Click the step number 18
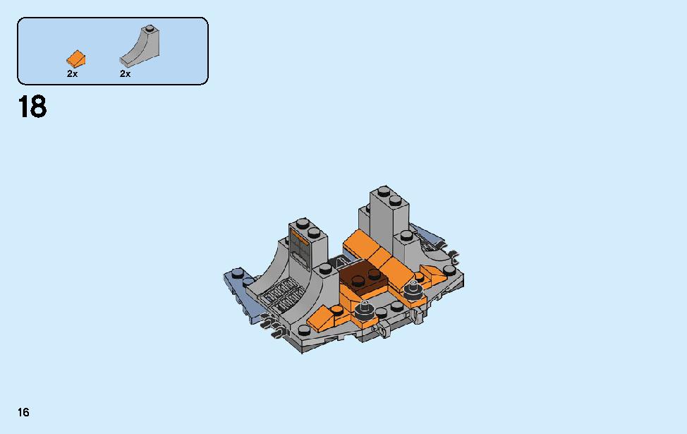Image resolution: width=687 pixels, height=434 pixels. click(x=32, y=107)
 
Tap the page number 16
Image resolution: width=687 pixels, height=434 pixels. click(x=23, y=412)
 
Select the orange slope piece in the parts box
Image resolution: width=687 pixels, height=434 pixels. click(x=75, y=59)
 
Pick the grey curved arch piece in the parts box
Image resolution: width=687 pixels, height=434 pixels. click(x=140, y=47)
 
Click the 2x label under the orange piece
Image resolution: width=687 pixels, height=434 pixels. click(x=72, y=74)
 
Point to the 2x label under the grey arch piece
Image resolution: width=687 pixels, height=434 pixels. click(x=126, y=74)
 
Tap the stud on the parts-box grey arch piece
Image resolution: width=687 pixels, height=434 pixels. click(x=150, y=29)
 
